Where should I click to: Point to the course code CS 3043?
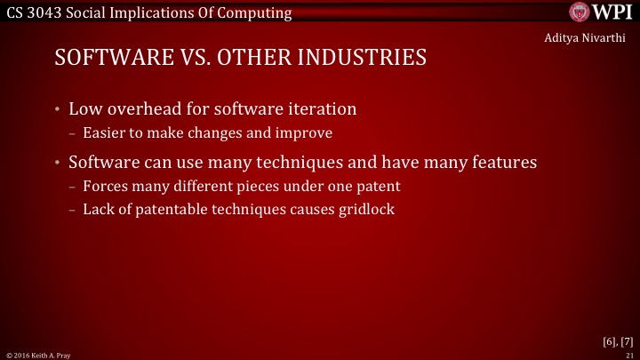point(34,12)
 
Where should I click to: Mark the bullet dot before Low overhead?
point(57,111)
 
